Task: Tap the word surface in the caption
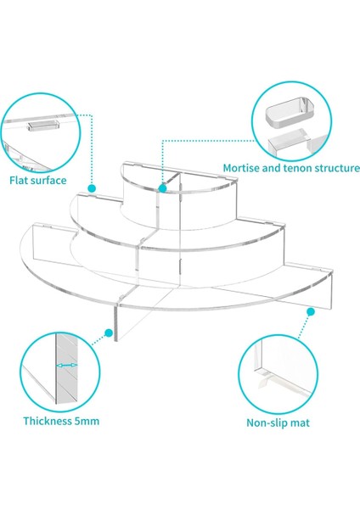(48, 181)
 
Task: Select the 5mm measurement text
(87, 421)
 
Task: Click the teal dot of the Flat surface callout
(92, 188)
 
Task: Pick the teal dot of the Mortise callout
(162, 188)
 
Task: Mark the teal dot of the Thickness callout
(109, 333)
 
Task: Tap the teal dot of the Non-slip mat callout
(311, 312)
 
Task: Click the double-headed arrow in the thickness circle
(66, 366)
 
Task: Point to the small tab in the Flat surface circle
(43, 126)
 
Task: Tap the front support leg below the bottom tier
(115, 322)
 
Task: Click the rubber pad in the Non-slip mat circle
(266, 379)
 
